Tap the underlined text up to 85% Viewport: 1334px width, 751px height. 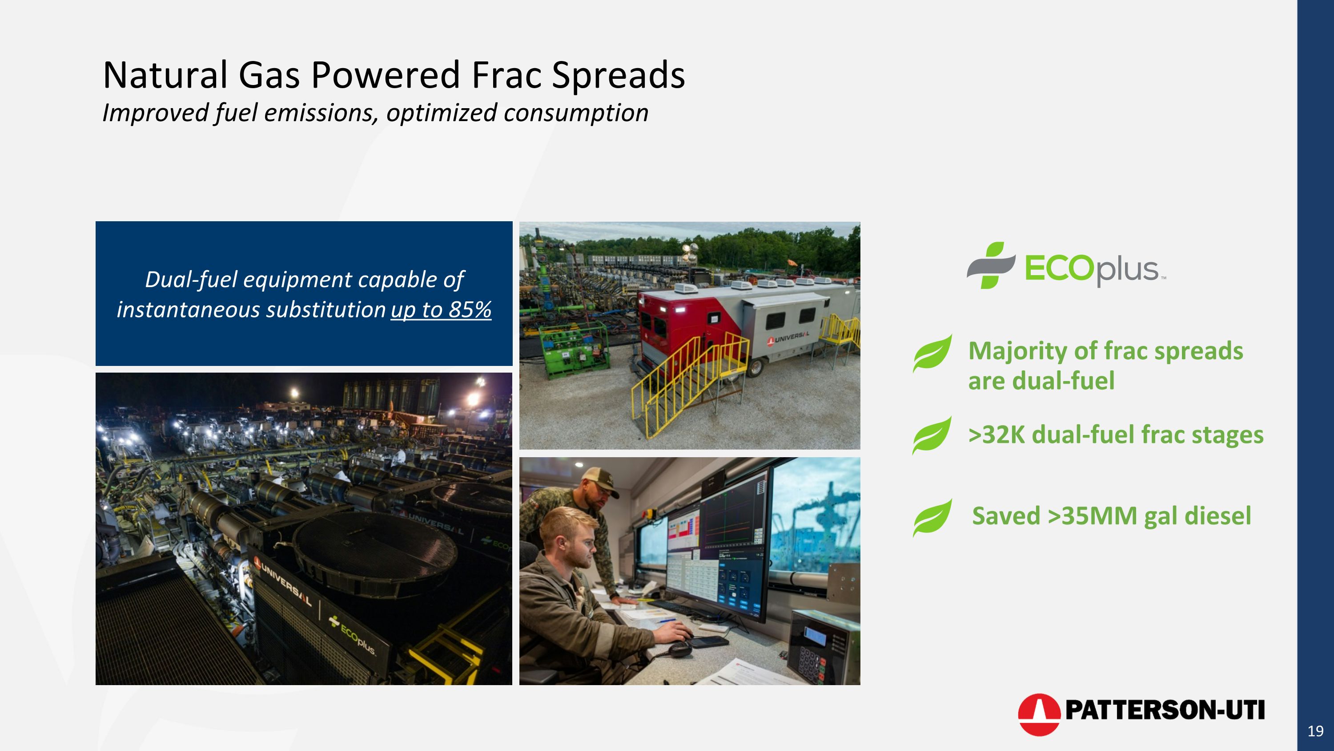point(441,310)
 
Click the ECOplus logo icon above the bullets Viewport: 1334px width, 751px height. point(991,265)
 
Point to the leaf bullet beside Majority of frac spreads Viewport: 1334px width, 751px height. point(932,353)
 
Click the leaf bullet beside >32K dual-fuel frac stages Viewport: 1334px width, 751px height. point(932,435)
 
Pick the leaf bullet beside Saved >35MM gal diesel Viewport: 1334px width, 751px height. point(932,517)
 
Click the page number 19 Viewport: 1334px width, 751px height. point(1315,731)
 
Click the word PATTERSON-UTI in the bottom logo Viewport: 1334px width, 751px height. point(1165,710)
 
